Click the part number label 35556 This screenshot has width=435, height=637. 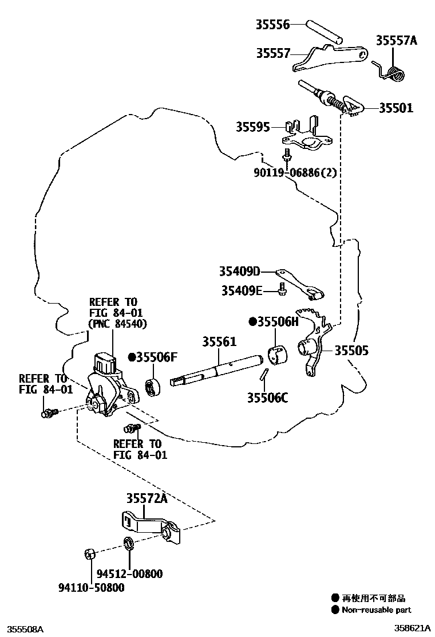[x=272, y=25]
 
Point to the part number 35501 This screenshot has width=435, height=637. [x=396, y=108]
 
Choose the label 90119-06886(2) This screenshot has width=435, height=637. [x=295, y=172]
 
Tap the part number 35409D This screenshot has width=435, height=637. [x=239, y=271]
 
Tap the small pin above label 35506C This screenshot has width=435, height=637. [x=263, y=373]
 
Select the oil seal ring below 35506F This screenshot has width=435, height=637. [x=153, y=387]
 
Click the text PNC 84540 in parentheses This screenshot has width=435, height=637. [x=117, y=324]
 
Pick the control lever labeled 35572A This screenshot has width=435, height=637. [x=151, y=527]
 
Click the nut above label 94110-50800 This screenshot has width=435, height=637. [x=90, y=554]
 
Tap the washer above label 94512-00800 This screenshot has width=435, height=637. [x=129, y=542]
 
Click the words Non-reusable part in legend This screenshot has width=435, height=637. [x=376, y=610]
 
